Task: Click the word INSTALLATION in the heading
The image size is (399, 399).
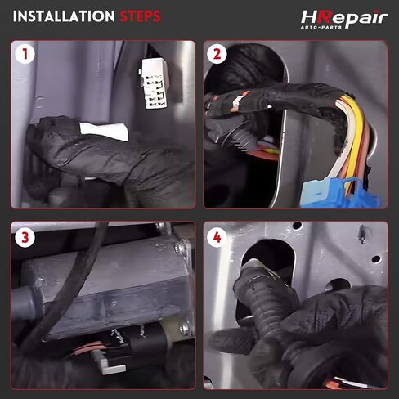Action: point(64,16)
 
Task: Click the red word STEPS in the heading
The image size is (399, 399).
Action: point(140,16)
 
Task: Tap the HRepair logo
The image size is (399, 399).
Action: point(344,19)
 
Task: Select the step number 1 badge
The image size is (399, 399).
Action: point(25,54)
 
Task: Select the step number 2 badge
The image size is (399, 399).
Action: point(217,54)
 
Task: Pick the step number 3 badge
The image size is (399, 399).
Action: point(25,237)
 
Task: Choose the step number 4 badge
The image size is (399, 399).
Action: point(217,237)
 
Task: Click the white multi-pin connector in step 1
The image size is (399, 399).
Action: point(154,83)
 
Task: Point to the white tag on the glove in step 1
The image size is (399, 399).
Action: point(105,132)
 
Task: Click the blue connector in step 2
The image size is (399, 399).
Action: point(341,193)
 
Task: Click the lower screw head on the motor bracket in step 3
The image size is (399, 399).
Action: point(185,329)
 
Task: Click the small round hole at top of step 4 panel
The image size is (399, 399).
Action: point(297,226)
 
